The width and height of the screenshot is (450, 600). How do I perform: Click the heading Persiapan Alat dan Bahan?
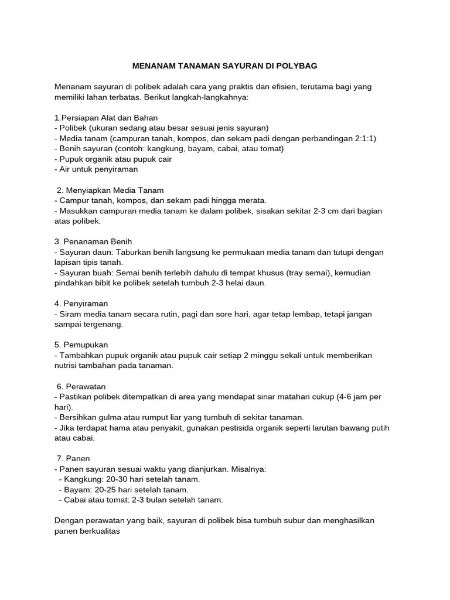click(108, 118)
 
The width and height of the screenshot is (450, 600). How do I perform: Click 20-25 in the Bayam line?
click(101, 489)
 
